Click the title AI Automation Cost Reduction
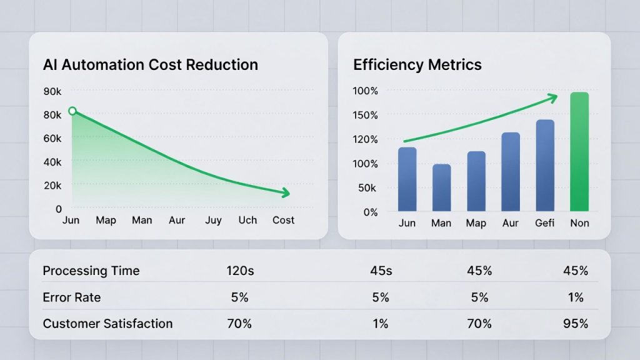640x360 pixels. [x=150, y=65]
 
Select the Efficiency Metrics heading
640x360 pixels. [x=417, y=65]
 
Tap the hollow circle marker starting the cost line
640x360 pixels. [x=72, y=111]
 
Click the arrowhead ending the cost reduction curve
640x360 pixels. [x=285, y=193]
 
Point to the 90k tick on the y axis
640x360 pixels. [x=52, y=91]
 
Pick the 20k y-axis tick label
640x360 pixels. [x=52, y=186]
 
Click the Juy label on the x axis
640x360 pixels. [x=213, y=221]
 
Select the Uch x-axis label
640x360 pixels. [x=247, y=221]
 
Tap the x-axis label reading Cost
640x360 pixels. [x=283, y=221]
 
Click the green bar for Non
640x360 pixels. [x=579, y=152]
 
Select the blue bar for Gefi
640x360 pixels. [x=545, y=166]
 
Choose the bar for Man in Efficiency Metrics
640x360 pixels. [x=441, y=187]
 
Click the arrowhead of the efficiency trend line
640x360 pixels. [x=552, y=96]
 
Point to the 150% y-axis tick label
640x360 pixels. [x=366, y=115]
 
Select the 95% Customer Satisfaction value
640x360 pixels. [x=574, y=324]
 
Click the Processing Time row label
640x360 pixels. [x=91, y=271]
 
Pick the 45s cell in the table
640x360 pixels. [x=381, y=271]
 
